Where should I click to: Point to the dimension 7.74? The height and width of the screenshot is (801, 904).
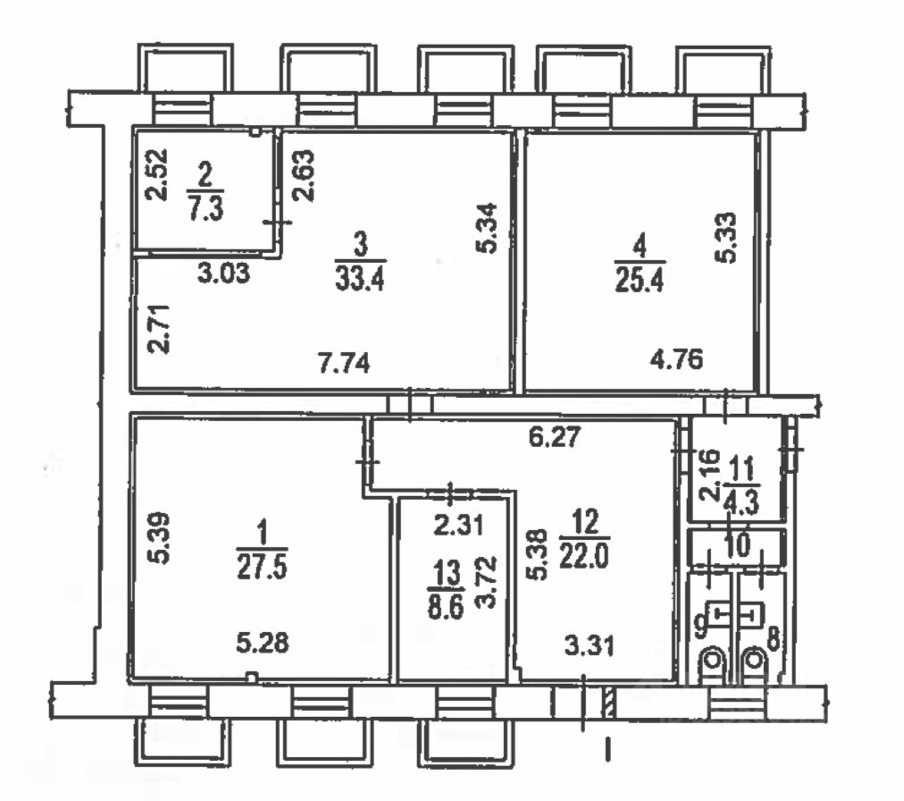click(343, 363)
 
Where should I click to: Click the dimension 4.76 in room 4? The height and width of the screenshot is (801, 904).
click(676, 360)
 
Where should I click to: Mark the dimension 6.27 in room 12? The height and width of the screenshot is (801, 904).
click(556, 437)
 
